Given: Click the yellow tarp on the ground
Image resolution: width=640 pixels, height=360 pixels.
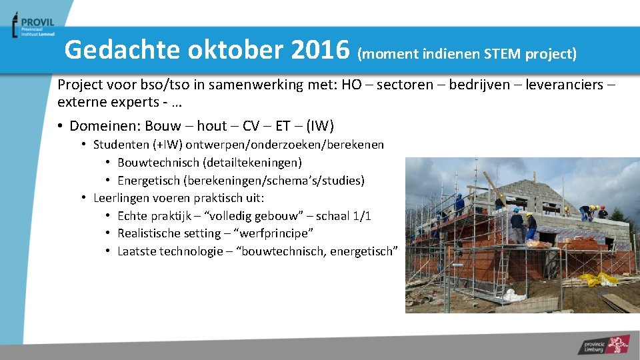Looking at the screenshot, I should (597, 279).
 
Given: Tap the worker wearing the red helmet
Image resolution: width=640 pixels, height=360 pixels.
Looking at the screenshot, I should (602, 211).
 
